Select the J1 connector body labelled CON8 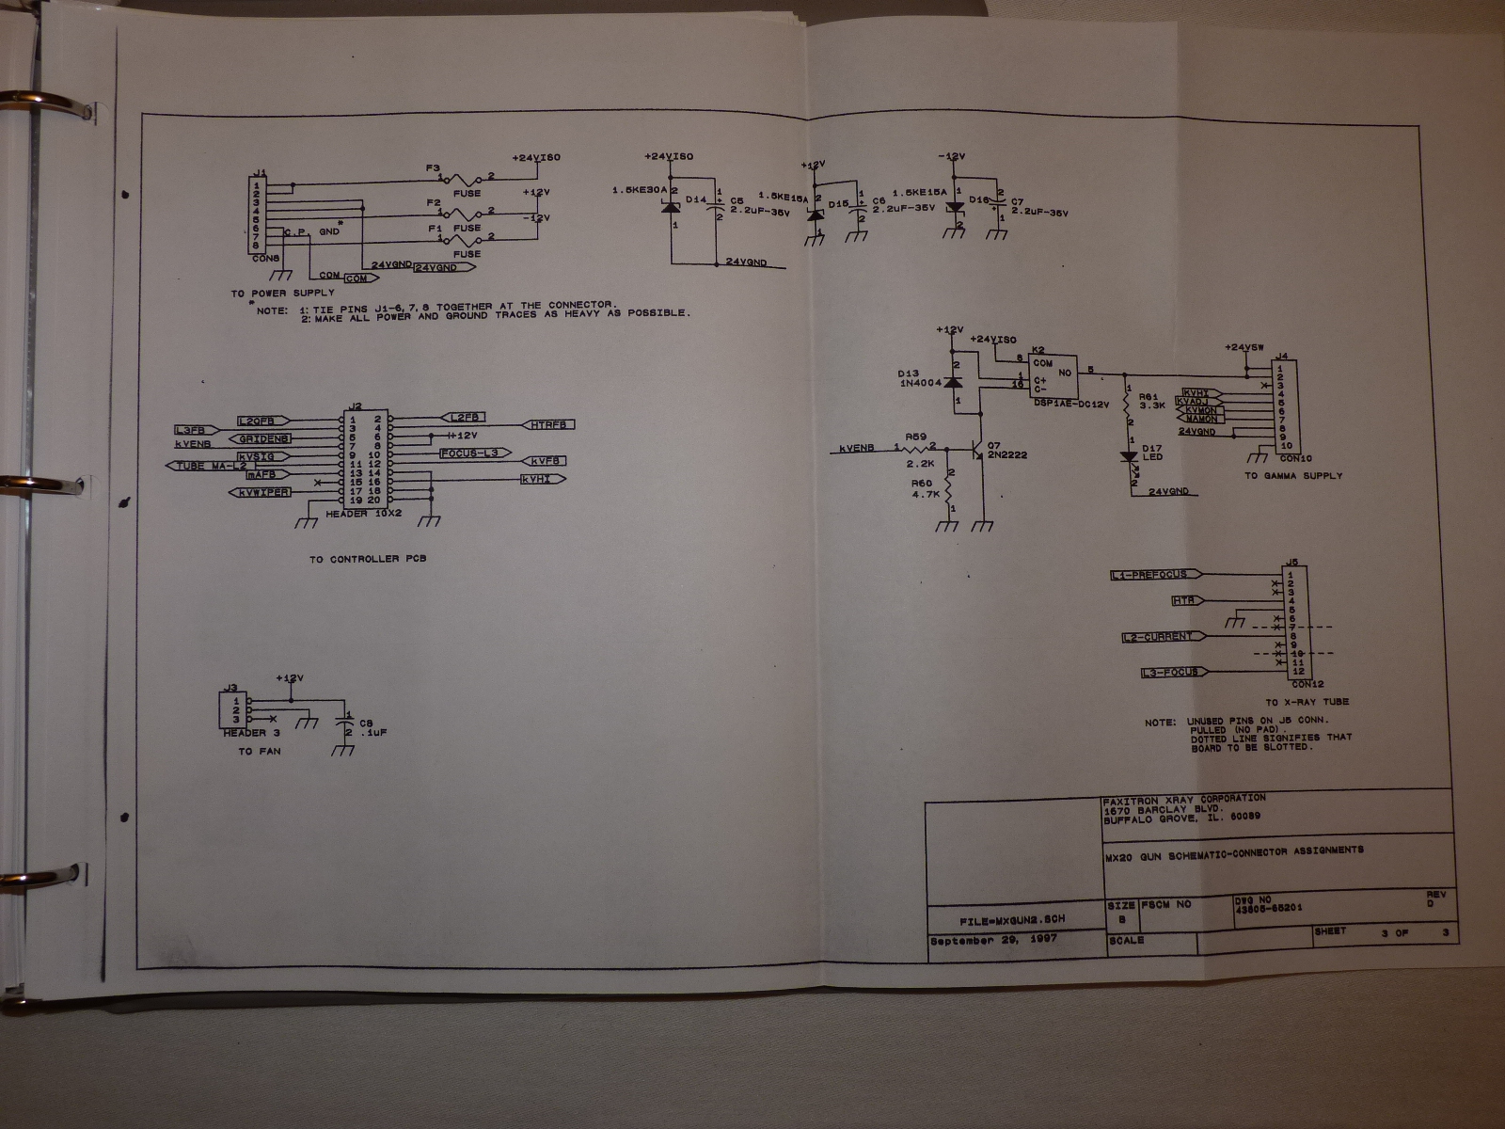260,216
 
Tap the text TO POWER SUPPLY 282,294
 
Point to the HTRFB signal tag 547,425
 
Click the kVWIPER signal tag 264,492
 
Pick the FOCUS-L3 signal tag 474,453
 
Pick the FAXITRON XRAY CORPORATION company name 1183,798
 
